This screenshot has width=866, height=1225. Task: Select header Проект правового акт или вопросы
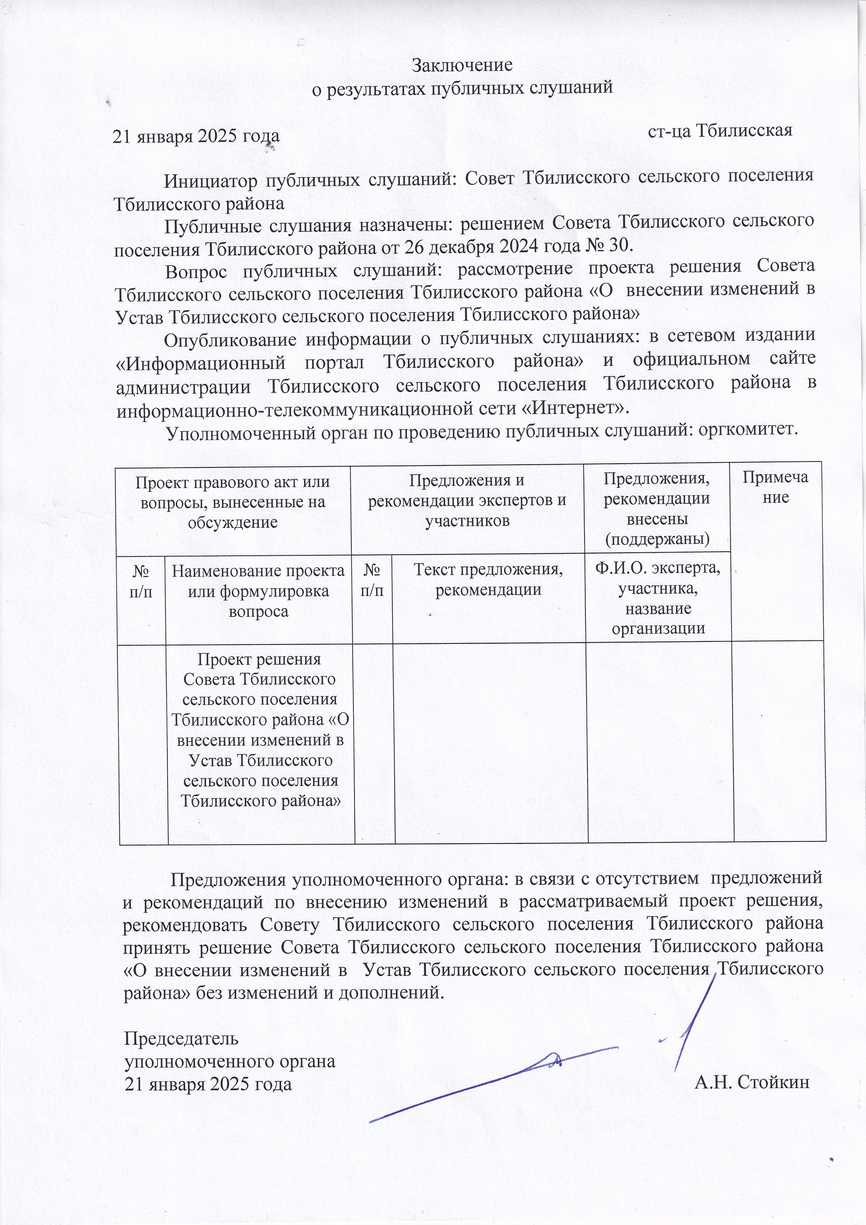[x=233, y=502]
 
